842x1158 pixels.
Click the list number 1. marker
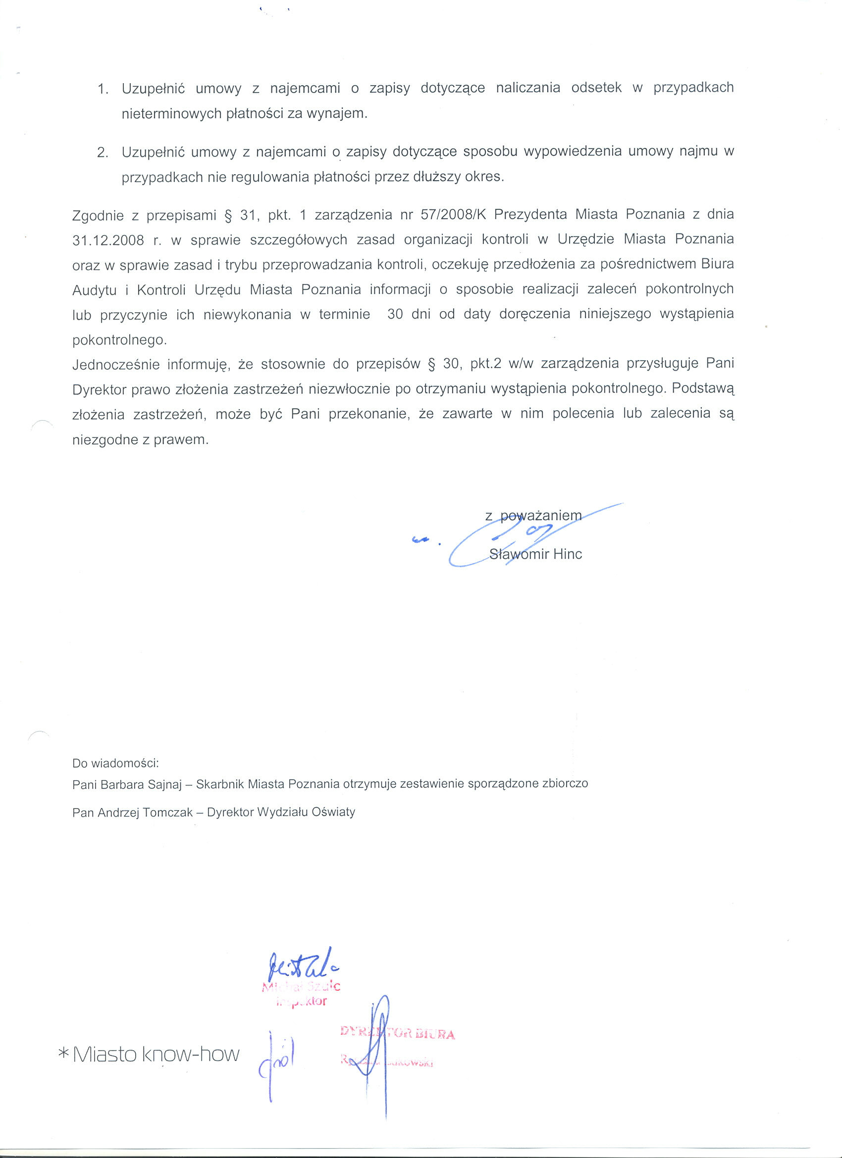(x=103, y=89)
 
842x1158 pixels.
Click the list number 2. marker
(x=103, y=152)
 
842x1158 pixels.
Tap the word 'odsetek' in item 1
(x=596, y=88)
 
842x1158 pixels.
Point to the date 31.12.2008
(x=108, y=240)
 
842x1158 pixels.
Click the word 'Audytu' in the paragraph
(x=95, y=290)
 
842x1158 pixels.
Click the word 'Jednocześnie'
(x=115, y=365)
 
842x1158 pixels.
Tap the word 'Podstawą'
(x=703, y=388)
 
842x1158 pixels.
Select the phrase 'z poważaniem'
(x=533, y=516)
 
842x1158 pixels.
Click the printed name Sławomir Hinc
(x=535, y=554)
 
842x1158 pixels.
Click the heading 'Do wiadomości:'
(x=116, y=763)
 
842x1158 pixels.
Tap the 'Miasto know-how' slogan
(x=156, y=1055)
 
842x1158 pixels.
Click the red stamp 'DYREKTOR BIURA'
(x=398, y=1034)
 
